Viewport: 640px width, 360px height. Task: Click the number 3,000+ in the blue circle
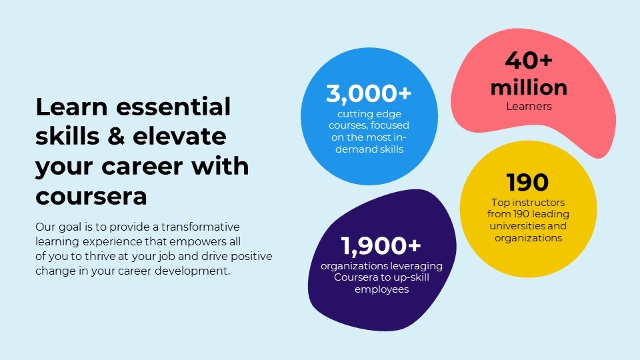click(369, 93)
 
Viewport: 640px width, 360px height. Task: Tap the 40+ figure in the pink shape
click(529, 61)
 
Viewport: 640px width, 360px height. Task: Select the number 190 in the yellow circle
click(527, 182)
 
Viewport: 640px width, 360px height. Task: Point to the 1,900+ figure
click(381, 246)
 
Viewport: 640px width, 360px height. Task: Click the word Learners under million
click(529, 106)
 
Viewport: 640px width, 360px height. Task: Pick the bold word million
click(529, 88)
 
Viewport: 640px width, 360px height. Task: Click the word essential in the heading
click(173, 107)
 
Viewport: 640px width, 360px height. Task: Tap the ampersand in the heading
click(116, 136)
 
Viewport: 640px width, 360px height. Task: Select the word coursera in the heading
click(91, 197)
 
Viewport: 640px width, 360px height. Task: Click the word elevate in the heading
click(179, 136)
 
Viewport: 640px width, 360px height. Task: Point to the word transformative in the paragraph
click(201, 227)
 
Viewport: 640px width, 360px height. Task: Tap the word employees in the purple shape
click(381, 290)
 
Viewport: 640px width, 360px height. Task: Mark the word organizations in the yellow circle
click(528, 238)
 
